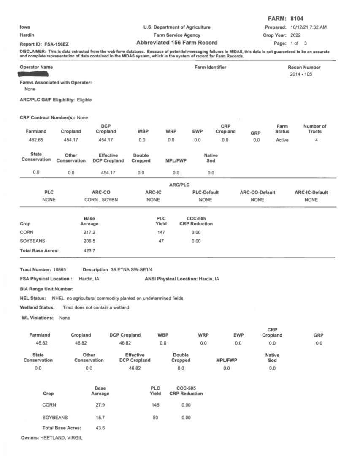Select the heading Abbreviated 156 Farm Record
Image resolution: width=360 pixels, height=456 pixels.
pyautogui.click(x=177, y=43)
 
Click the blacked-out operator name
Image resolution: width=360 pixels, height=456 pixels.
pyautogui.click(x=37, y=74)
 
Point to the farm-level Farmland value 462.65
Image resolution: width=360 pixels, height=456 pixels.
pyautogui.click(x=36, y=140)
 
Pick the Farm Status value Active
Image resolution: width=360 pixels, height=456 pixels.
pyautogui.click(x=282, y=140)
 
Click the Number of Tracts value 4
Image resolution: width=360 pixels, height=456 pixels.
pyautogui.click(x=316, y=140)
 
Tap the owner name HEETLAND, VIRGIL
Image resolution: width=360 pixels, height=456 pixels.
pyautogui.click(x=61, y=437)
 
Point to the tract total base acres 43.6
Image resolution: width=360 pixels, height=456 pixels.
pyautogui.click(x=100, y=428)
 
